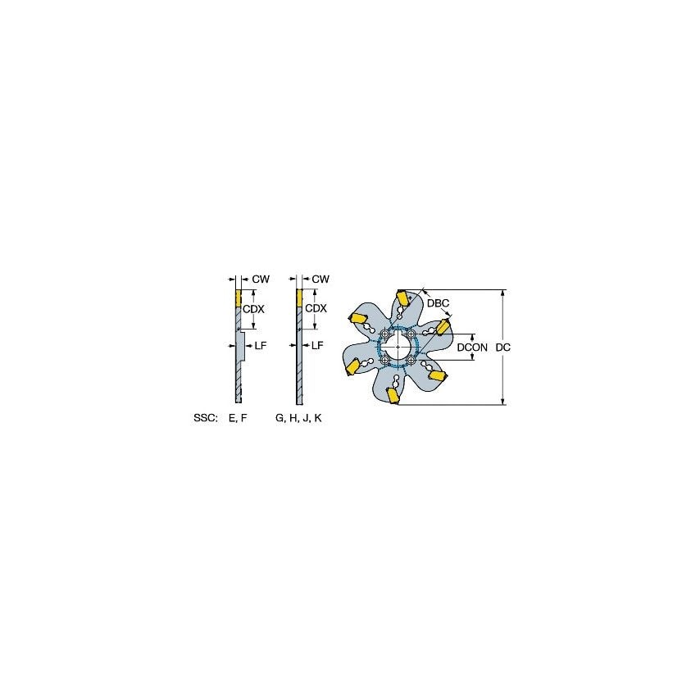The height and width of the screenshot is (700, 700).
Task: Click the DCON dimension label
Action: tap(472, 348)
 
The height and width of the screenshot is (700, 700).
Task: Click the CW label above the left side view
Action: tap(261, 280)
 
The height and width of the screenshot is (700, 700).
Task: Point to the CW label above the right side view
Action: tap(320, 280)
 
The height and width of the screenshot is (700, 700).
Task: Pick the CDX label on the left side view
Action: tap(253, 308)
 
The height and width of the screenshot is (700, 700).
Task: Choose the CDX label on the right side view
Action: tap(316, 308)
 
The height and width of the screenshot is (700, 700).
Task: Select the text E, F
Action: tap(239, 418)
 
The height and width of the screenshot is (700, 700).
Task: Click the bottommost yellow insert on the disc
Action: tap(393, 396)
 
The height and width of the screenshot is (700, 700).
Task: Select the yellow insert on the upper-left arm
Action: tap(359, 318)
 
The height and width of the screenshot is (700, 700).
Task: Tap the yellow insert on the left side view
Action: tap(238, 298)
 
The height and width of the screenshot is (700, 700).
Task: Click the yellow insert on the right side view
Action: tap(299, 298)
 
